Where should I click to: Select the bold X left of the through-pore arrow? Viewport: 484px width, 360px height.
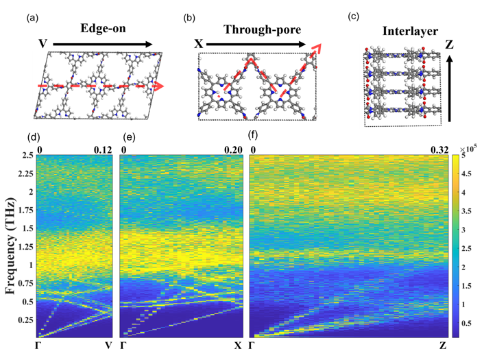(197, 43)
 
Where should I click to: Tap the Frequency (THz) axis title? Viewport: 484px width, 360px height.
(12, 245)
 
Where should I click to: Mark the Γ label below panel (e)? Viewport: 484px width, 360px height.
(124, 348)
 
